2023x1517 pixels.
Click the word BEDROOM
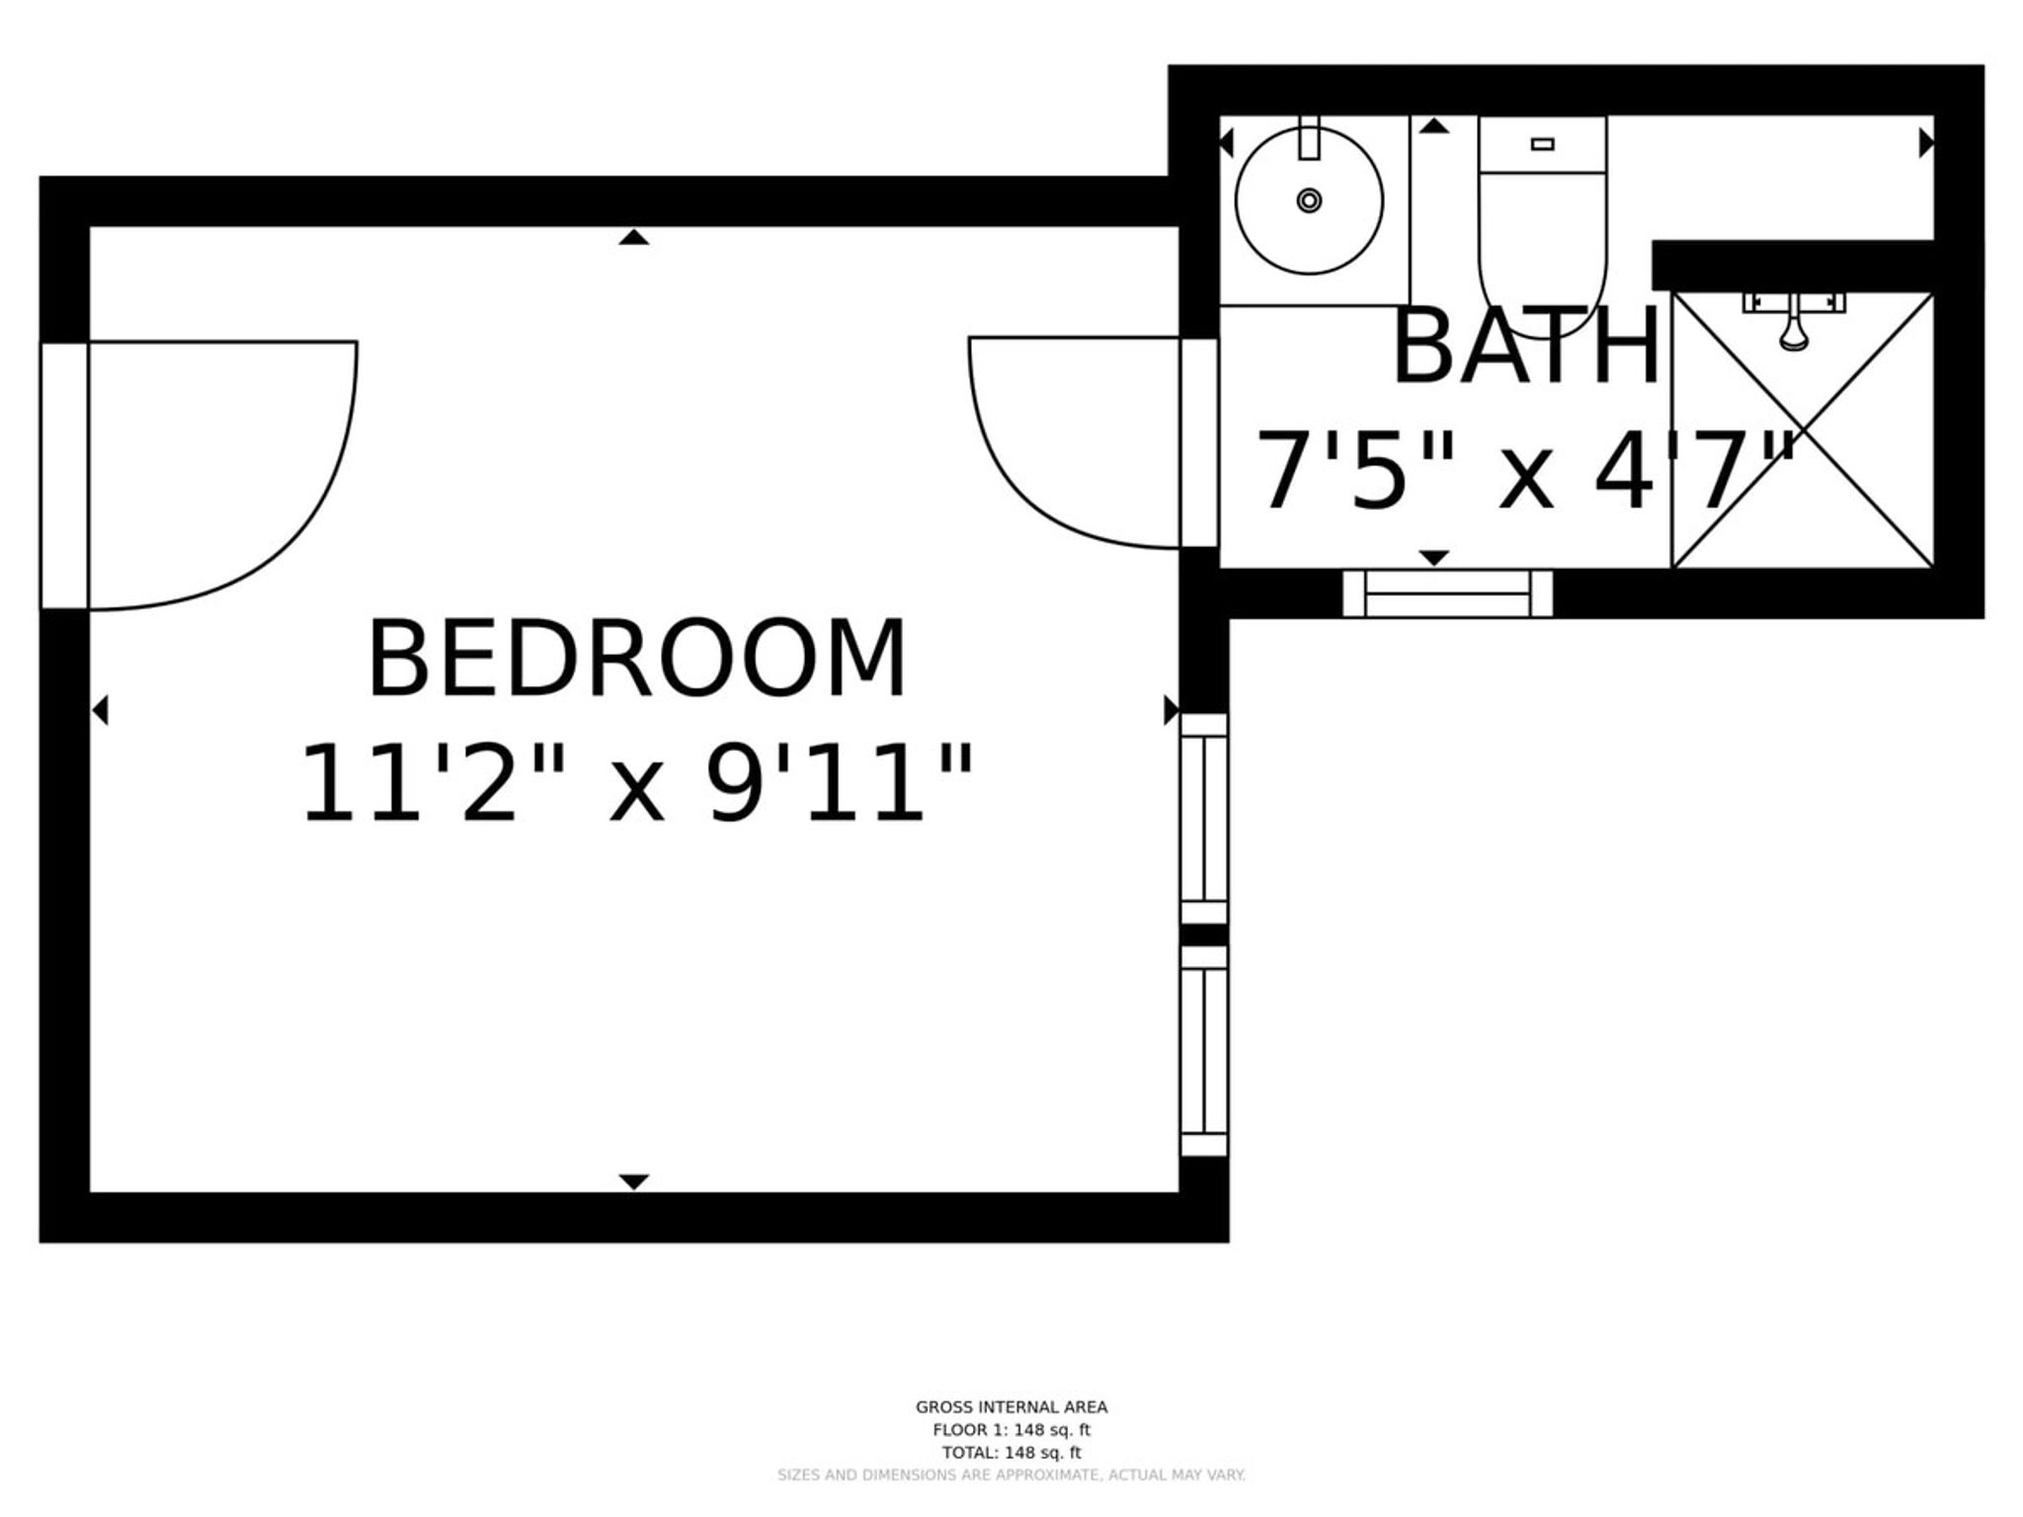pyautogui.click(x=637, y=659)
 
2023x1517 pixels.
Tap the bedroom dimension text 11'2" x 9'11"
pyautogui.click(x=637, y=783)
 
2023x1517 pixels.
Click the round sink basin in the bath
pyautogui.click(x=1309, y=200)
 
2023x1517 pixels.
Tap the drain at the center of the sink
pyautogui.click(x=1309, y=200)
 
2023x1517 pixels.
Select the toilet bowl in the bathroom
pyautogui.click(x=1542, y=241)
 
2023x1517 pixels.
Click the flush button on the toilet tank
pyautogui.click(x=1542, y=144)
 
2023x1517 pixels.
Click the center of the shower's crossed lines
pyautogui.click(x=1803, y=431)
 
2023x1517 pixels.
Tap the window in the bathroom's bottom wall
pyautogui.click(x=1447, y=594)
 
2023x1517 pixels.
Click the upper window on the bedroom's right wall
pyautogui.click(x=1204, y=819)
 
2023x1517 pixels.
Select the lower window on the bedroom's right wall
pyautogui.click(x=1204, y=1051)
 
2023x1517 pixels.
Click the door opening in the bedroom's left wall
pyautogui.click(x=64, y=476)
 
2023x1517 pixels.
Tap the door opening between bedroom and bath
pyautogui.click(x=1199, y=441)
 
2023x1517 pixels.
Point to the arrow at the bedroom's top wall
pyautogui.click(x=634, y=237)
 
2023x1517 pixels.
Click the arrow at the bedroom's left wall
pyautogui.click(x=100, y=710)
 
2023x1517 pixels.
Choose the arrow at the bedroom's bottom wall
pyautogui.click(x=634, y=1182)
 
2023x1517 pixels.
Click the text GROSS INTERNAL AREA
pyautogui.click(x=1011, y=1407)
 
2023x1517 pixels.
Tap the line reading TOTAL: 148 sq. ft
pyautogui.click(x=1011, y=1453)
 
